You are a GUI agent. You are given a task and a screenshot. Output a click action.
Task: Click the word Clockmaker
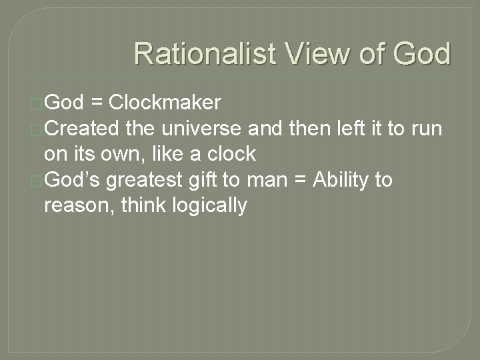pos(165,102)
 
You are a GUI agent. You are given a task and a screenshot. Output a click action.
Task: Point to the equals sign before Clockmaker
pos(97,103)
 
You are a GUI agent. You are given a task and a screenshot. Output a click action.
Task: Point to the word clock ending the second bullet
pos(231,154)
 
